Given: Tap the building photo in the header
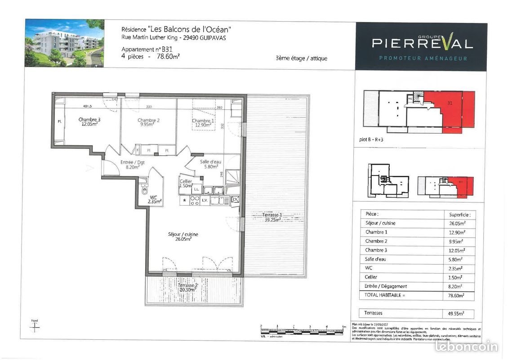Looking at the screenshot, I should coord(64,43).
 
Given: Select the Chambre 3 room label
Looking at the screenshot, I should coord(89,122).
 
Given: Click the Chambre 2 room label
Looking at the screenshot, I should coord(148,122).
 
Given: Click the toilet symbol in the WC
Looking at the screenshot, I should coord(145,190).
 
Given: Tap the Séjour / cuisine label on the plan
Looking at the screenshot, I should coord(183,237).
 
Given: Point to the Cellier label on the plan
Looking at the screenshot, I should coord(186,183).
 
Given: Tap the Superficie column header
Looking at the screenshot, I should coord(459,215).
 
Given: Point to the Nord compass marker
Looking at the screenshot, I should coord(35,326).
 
